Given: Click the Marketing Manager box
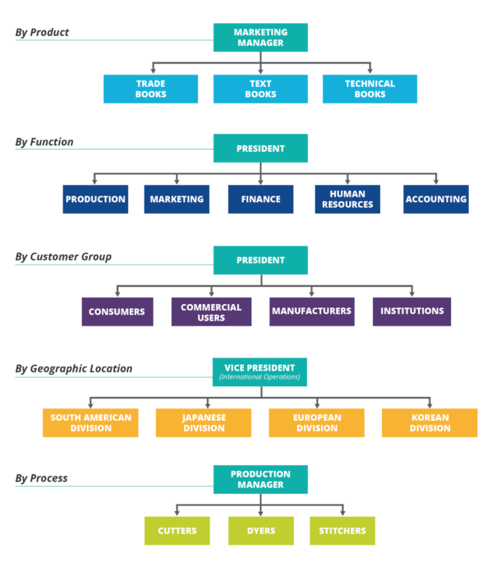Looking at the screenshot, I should coord(260,38).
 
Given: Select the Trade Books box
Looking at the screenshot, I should coord(150,89).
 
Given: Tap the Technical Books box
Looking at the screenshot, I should coord(370,89).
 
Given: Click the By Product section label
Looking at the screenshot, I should coord(42,33).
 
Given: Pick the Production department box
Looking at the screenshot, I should coord(95,199).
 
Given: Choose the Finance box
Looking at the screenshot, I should coord(260,199).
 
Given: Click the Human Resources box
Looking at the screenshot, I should coord(347,199).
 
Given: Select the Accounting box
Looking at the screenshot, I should coord(435,199).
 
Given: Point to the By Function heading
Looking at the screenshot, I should coord(44,142).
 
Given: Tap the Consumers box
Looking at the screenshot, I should coord(117,311).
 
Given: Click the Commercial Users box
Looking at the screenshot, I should coord(211,311).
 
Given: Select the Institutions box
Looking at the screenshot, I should coord(411,311).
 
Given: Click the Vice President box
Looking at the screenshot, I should coord(260,371).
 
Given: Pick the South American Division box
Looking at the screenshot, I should coord(90,422).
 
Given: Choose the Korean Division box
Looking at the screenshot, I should coord(430,422).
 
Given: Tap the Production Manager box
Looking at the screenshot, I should coord(260,479).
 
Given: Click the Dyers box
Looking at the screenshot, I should coord(260,531).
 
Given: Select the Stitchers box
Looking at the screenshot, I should coord(342,531).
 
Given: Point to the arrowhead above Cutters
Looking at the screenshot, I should coord(177,512).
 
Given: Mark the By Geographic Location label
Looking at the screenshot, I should coord(73,369).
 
